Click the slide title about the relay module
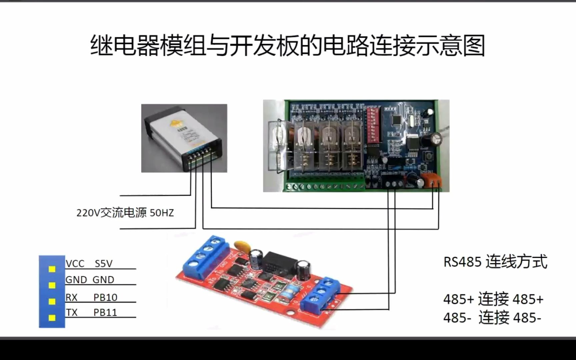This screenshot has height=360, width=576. click(287, 46)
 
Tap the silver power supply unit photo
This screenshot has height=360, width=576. click(184, 138)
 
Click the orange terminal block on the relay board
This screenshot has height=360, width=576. click(432, 180)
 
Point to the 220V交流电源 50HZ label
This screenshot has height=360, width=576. click(125, 213)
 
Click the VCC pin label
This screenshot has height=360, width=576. click(75, 264)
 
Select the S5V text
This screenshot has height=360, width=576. click(104, 264)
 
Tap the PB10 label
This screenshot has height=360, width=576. click(105, 297)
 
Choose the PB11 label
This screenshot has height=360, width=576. click(105, 313)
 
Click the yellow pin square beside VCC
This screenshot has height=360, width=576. click(52, 269)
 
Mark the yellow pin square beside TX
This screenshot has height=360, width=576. click(52, 318)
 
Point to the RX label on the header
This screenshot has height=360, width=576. click(71, 297)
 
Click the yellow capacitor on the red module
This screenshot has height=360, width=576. click(241, 246)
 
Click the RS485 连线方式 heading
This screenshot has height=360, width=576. click(495, 262)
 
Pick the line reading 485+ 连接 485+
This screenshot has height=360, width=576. click(493, 299)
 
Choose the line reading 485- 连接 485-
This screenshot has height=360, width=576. click(492, 317)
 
